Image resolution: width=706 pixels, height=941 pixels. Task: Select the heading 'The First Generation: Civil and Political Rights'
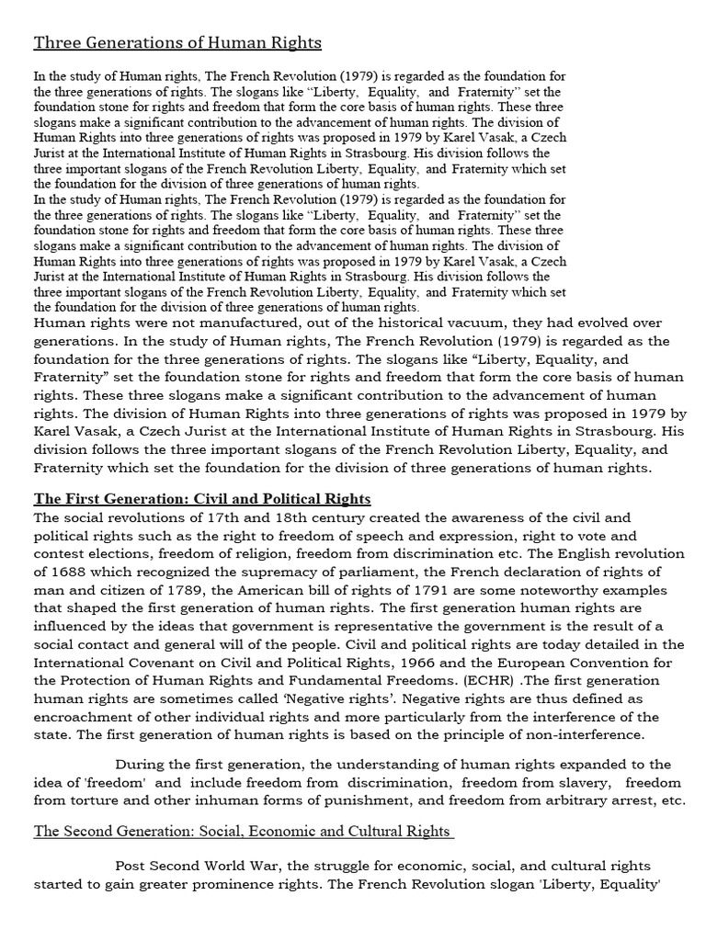[x=202, y=499]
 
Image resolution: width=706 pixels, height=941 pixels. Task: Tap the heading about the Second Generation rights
[x=244, y=831]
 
